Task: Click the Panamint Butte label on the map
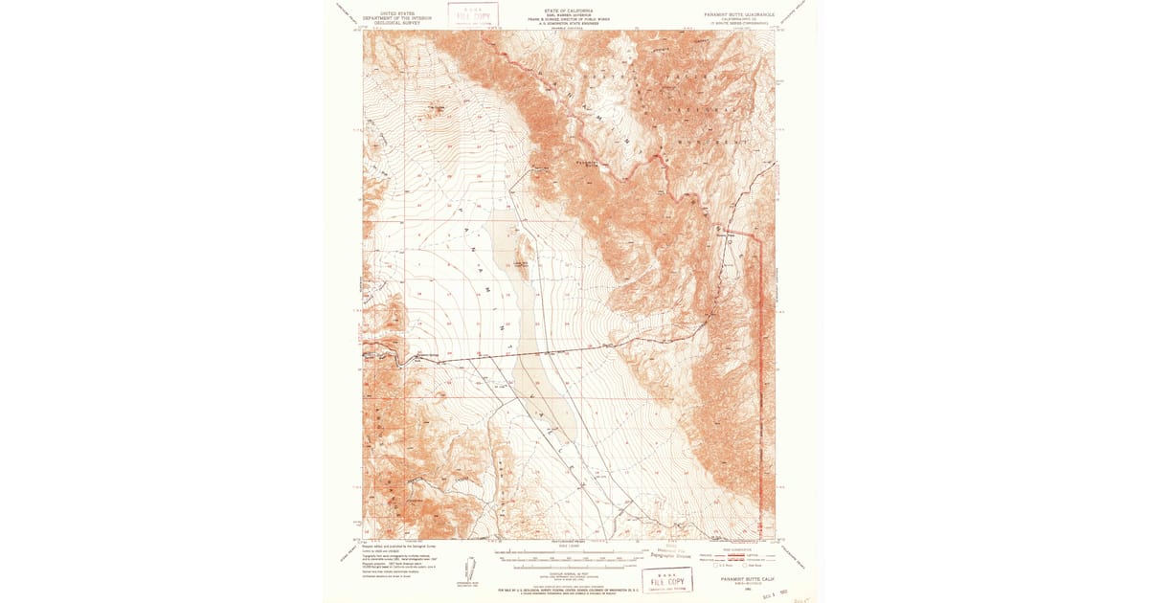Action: [594, 162]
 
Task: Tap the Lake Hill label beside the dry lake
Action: [522, 256]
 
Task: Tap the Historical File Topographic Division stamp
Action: [667, 552]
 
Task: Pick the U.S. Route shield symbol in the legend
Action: [706, 568]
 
